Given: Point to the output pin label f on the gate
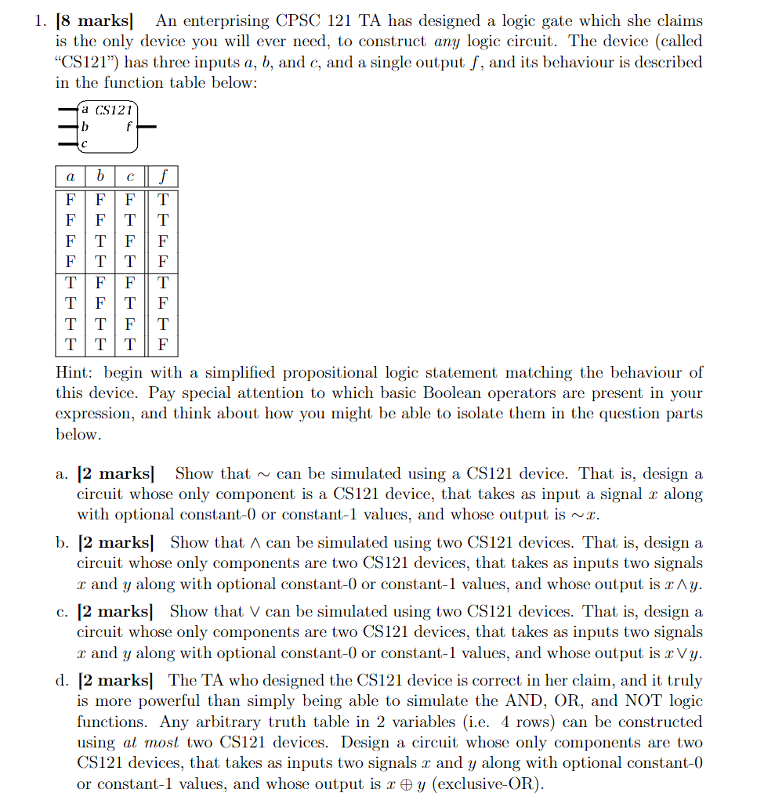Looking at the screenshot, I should point(129,126).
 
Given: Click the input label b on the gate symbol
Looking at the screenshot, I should point(85,126).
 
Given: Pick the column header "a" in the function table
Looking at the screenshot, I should point(71,177).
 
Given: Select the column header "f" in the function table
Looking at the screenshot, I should point(163,177).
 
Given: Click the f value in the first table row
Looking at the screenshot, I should point(163,200).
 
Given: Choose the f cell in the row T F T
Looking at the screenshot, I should point(163,302).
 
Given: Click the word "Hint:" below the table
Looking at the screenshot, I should point(76,373).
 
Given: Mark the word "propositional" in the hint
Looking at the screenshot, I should point(331,373).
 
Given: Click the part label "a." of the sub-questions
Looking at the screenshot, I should point(62,474).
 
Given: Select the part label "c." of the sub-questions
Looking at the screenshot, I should point(62,612).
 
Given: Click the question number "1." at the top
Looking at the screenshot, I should point(41,21).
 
